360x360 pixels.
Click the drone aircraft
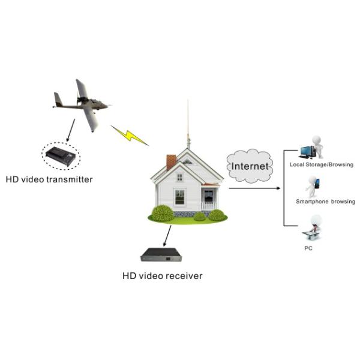[84, 105]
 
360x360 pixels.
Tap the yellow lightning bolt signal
[129, 135]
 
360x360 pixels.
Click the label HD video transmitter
[49, 179]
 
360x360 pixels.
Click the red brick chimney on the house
[171, 161]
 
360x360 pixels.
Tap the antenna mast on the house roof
[188, 126]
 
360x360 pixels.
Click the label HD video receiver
[163, 276]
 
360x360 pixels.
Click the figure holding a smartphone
[312, 186]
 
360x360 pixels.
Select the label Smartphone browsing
[326, 202]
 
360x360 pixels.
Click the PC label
[308, 247]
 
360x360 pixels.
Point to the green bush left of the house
[162, 213]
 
